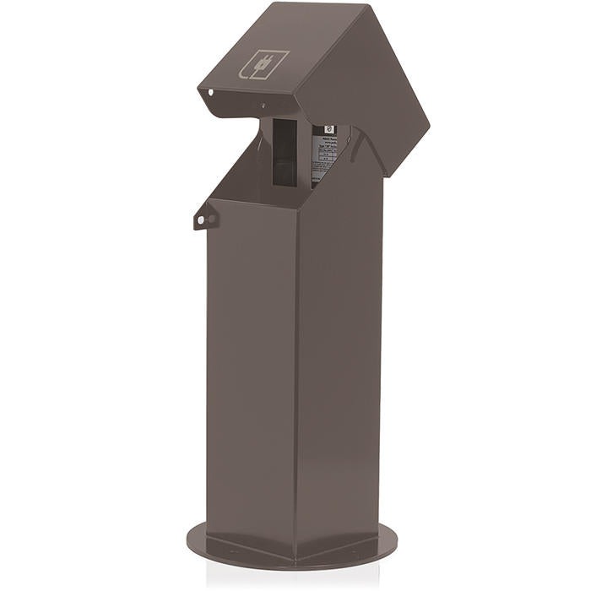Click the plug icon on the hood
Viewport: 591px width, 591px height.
(264, 66)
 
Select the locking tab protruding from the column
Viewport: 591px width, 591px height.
(203, 219)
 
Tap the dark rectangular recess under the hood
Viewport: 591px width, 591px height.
(285, 152)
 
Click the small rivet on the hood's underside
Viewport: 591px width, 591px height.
(263, 106)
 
